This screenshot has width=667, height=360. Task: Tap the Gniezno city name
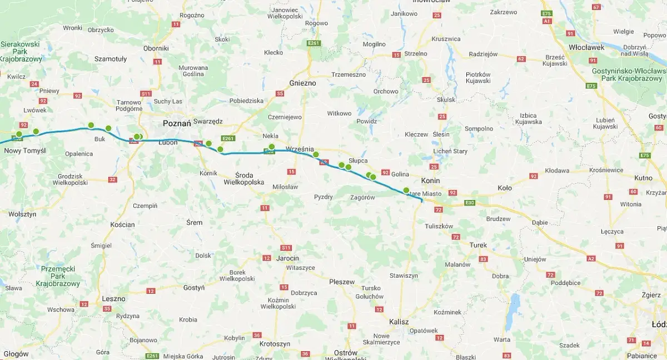click(x=302, y=83)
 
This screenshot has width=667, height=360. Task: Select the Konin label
click(x=430, y=181)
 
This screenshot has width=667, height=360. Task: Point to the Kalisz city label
click(x=399, y=322)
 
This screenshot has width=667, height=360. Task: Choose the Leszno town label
click(x=114, y=298)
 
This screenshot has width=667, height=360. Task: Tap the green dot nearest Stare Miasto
click(x=406, y=190)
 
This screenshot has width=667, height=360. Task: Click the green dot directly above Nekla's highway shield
click(x=272, y=146)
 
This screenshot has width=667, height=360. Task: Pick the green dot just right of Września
click(x=316, y=154)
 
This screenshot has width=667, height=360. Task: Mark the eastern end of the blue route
click(x=422, y=200)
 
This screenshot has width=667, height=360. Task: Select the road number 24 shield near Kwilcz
click(x=34, y=84)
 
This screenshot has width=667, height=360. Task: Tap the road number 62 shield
click(x=521, y=58)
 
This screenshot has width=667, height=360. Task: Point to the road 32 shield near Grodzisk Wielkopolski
click(x=113, y=179)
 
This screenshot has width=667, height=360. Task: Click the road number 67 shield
click(x=596, y=7)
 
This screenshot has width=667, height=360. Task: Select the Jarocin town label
click(x=287, y=258)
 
